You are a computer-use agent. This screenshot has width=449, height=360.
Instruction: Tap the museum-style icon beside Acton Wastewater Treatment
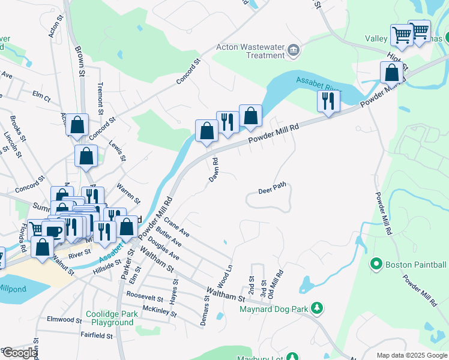pos(294,50)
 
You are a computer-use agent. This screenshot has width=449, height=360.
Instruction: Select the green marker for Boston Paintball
pos(376,263)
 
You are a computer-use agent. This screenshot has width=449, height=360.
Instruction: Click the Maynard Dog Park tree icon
pos(317,308)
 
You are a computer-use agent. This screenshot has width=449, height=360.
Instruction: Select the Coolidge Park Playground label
pos(109,318)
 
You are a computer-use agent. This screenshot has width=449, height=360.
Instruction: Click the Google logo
pos(19,352)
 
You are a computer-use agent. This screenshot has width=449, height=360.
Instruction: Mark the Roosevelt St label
pos(145,298)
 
